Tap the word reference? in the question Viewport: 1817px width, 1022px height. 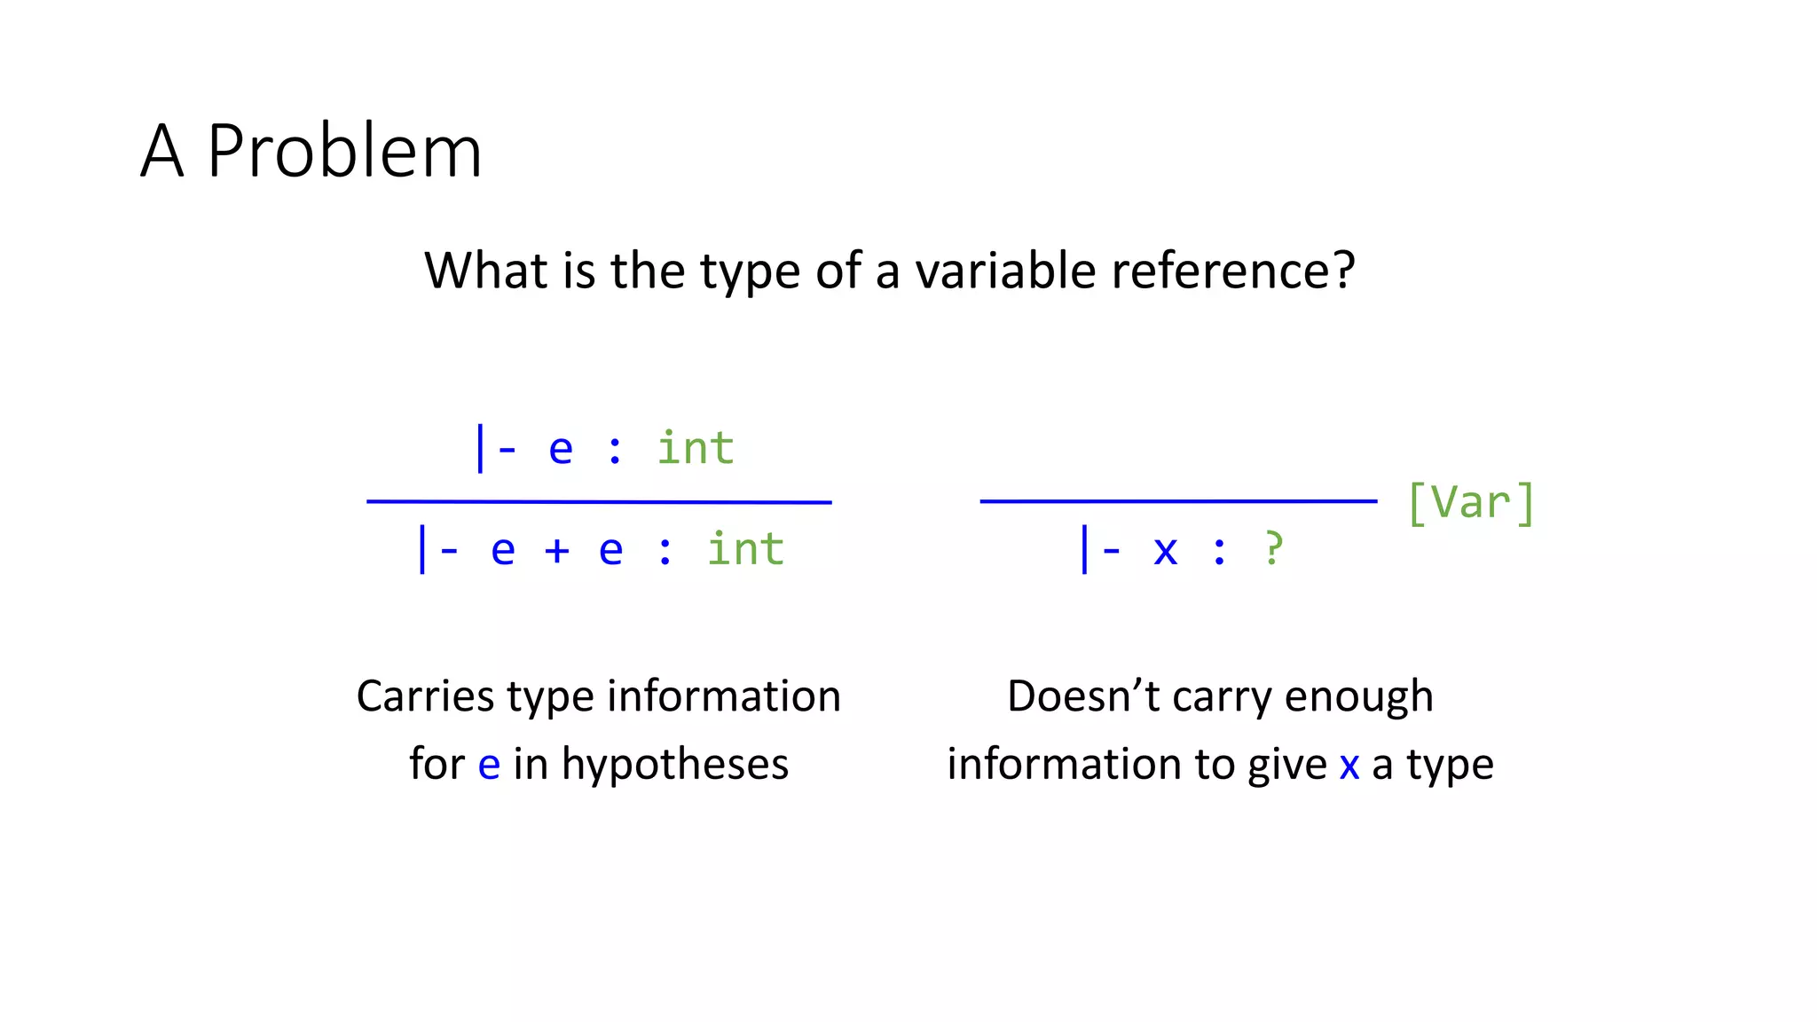1233,271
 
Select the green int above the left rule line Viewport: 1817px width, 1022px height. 696,448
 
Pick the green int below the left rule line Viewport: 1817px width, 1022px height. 745,549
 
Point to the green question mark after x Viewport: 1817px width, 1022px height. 1273,549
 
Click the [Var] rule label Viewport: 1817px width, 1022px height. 1471,503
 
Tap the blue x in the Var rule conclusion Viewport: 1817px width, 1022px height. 1165,551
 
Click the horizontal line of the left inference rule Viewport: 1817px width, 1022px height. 599,502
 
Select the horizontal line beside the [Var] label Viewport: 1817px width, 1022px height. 1178,501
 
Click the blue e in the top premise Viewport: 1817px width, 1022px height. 561,450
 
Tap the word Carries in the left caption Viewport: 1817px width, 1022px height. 425,696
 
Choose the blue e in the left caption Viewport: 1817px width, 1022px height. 489,766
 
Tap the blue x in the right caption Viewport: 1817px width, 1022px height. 1349,766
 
